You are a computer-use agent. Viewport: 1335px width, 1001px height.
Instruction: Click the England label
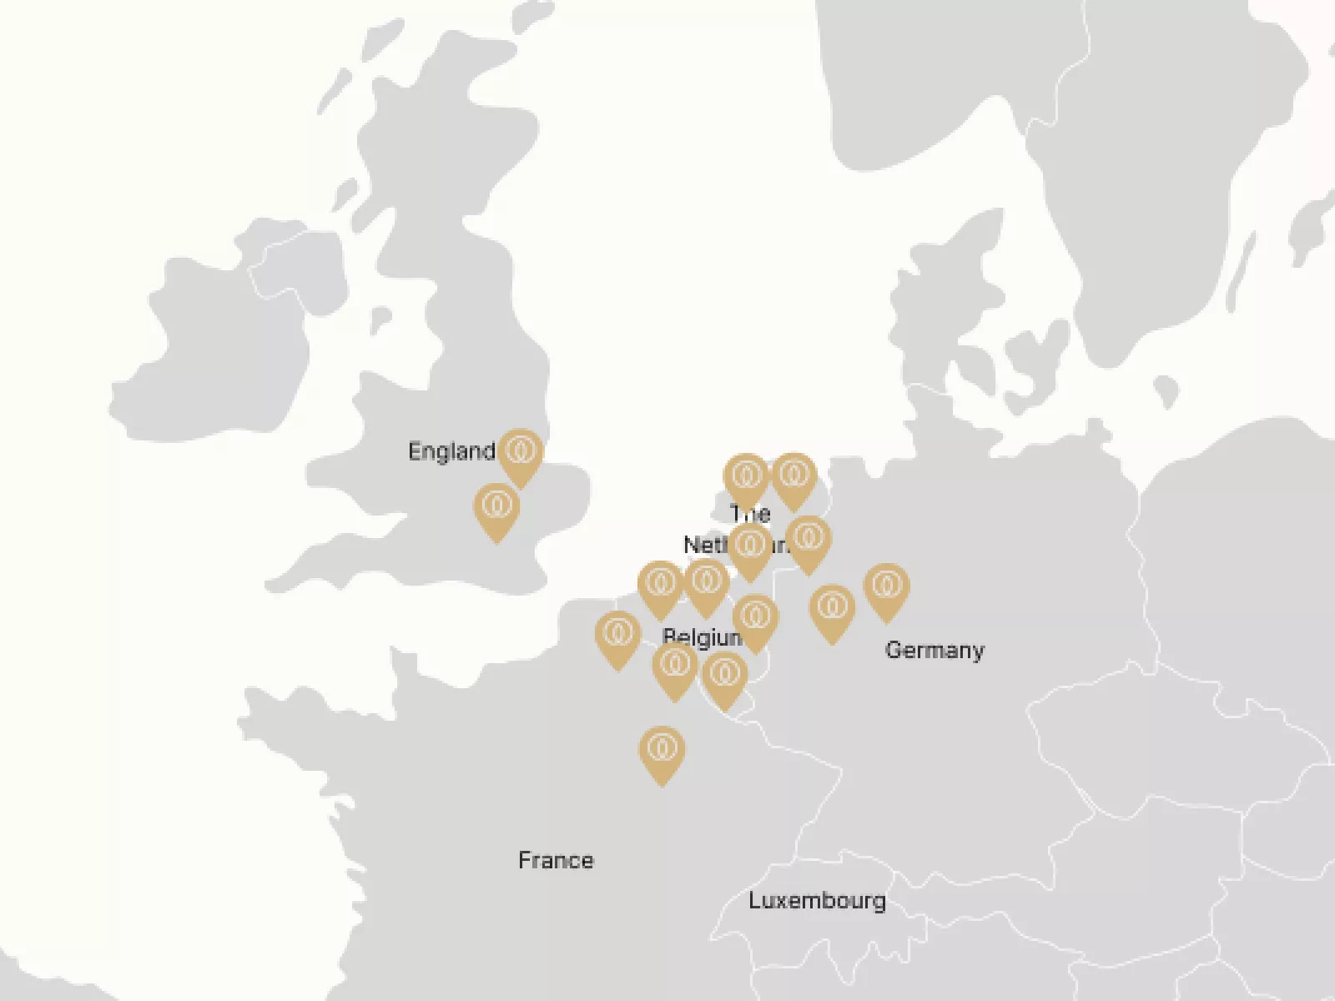point(451,451)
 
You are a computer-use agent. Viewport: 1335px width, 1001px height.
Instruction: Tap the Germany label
point(934,650)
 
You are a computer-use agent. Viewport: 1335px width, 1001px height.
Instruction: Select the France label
point(556,860)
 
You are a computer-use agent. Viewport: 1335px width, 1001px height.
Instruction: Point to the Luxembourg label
point(817,900)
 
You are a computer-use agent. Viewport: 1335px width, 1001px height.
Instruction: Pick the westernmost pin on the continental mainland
point(617,636)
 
